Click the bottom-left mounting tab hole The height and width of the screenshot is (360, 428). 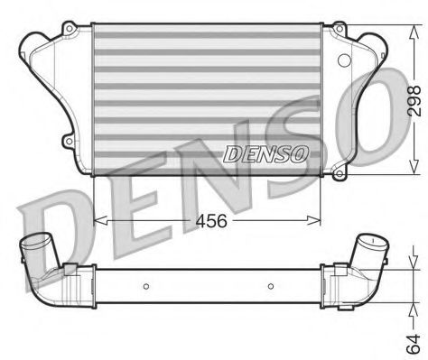(69, 142)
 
